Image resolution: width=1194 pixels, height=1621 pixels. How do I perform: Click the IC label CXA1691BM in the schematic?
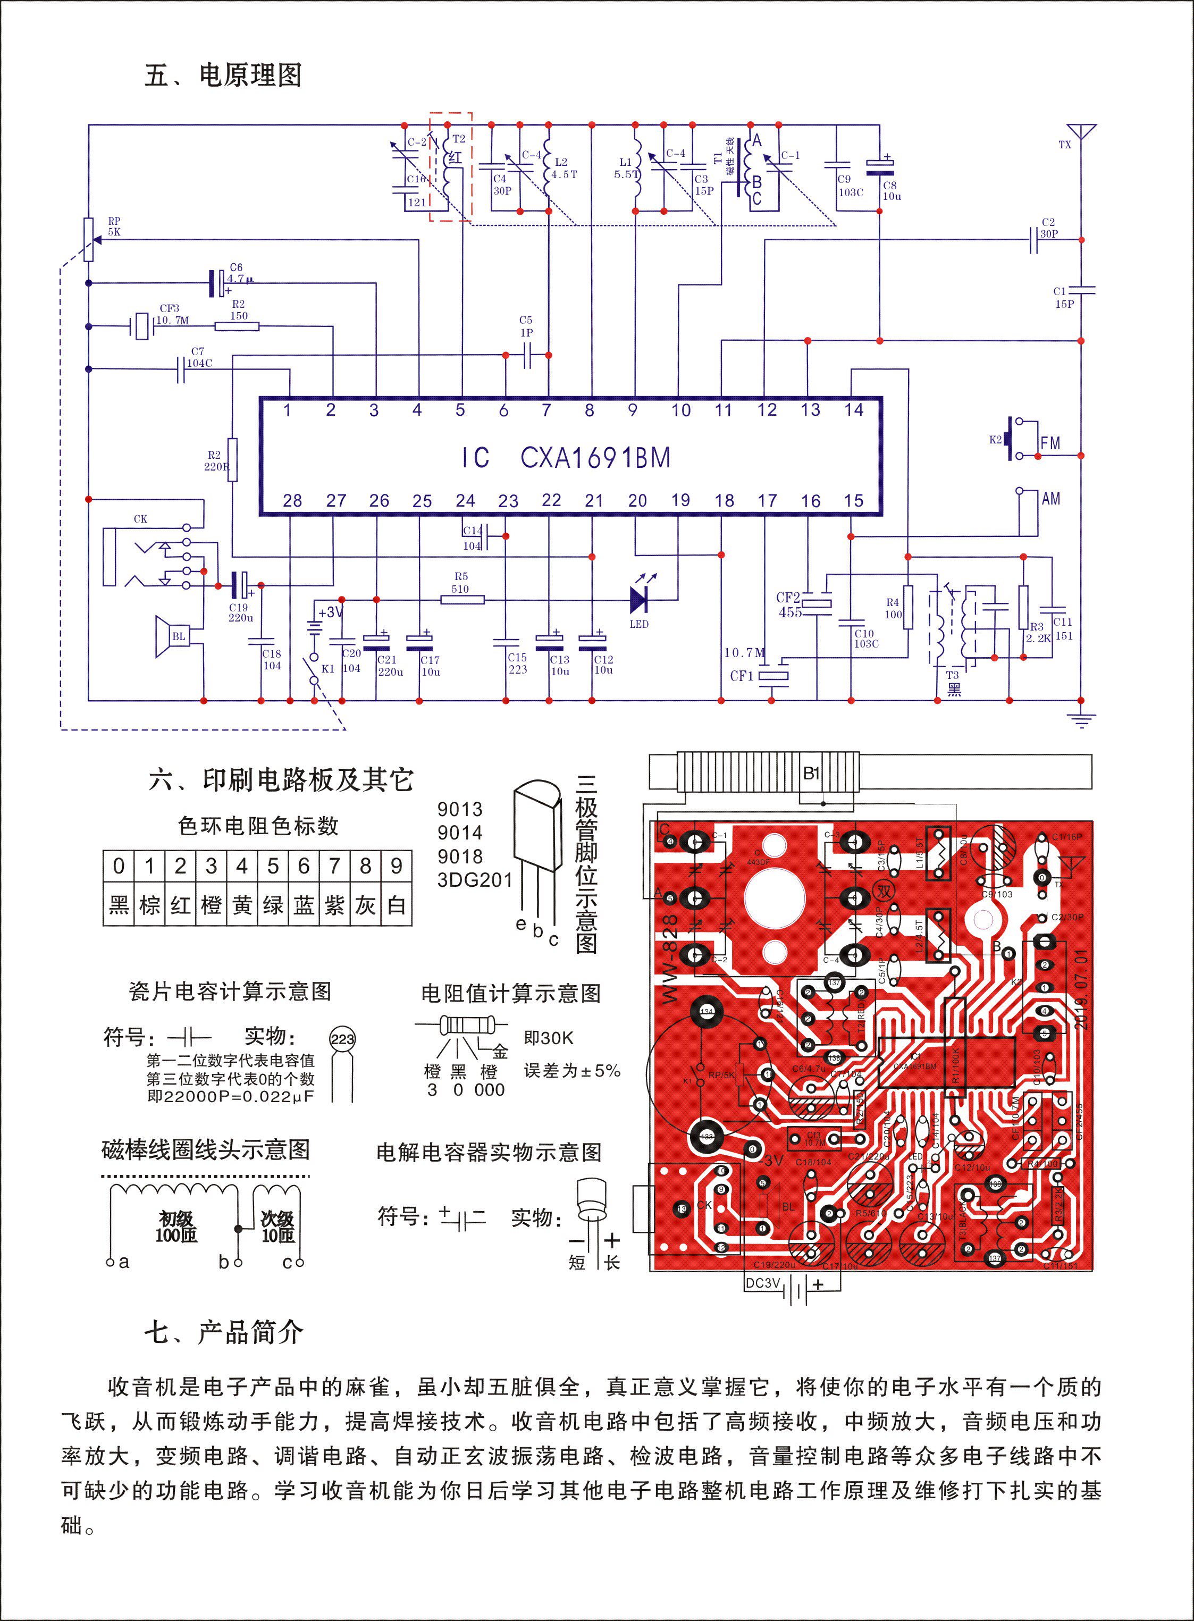pyautogui.click(x=595, y=457)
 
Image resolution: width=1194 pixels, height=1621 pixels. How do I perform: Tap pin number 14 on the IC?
pyautogui.click(x=854, y=410)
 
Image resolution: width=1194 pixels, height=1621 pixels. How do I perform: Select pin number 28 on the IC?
pyautogui.click(x=292, y=501)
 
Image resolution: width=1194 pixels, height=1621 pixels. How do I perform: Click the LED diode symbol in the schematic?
pyautogui.click(x=639, y=599)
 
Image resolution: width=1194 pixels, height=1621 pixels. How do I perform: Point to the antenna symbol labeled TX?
pyautogui.click(x=1081, y=133)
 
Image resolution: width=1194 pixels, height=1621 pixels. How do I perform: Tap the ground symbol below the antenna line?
pyautogui.click(x=1081, y=719)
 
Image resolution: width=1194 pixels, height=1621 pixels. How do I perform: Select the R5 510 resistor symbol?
pyautogui.click(x=463, y=599)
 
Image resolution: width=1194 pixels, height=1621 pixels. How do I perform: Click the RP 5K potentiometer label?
pyautogui.click(x=114, y=226)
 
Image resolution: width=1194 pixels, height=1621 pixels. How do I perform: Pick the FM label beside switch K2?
pyautogui.click(x=1050, y=443)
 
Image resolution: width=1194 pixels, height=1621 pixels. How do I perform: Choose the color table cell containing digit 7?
pyautogui.click(x=334, y=866)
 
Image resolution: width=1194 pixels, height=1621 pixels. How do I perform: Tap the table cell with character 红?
pyautogui.click(x=180, y=905)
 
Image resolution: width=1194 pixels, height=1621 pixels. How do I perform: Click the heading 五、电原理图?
pyautogui.click(x=223, y=75)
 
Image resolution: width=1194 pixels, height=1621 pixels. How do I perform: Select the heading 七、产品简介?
pyautogui.click(x=223, y=1331)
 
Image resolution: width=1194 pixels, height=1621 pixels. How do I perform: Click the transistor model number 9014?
pyautogui.click(x=460, y=833)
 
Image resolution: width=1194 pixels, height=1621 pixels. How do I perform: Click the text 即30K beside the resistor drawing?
pyautogui.click(x=549, y=1038)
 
